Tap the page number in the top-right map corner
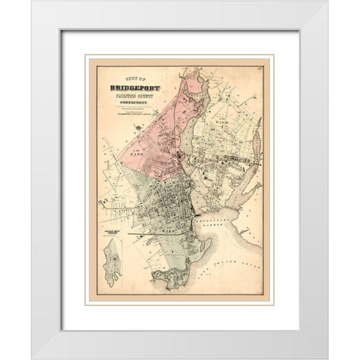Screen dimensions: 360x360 pos(259,70)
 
